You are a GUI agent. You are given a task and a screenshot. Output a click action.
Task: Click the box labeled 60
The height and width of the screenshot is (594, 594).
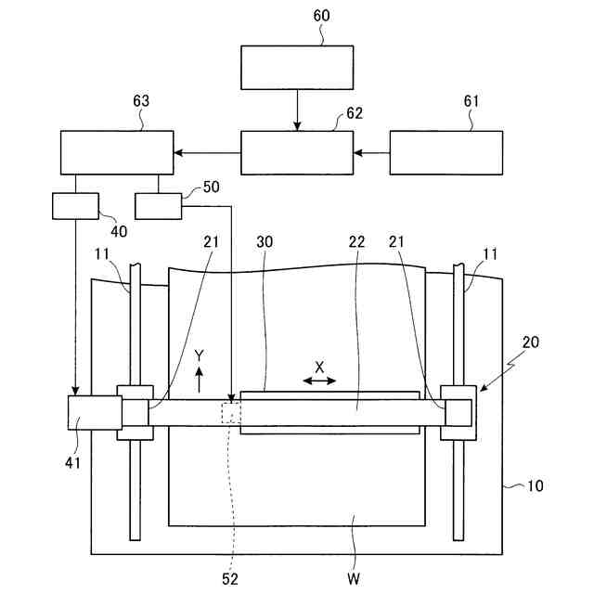click(297, 68)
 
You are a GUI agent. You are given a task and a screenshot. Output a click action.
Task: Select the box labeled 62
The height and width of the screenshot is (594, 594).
click(297, 152)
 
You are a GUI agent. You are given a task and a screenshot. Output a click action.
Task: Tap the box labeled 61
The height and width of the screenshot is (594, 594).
click(445, 152)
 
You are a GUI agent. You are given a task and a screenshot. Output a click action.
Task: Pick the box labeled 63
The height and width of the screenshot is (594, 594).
click(117, 152)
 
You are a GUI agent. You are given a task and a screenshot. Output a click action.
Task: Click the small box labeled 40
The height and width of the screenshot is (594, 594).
click(76, 205)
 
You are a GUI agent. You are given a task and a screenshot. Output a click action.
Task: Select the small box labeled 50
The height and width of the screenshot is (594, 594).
click(158, 205)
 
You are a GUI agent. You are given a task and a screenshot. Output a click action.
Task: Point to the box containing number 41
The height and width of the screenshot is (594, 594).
click(95, 412)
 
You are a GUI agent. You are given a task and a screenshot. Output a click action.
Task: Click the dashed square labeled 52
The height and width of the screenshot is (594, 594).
click(230, 413)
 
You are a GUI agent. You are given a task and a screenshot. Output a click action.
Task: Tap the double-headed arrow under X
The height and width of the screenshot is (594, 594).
click(319, 381)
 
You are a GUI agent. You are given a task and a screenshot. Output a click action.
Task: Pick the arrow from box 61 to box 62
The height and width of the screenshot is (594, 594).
click(371, 152)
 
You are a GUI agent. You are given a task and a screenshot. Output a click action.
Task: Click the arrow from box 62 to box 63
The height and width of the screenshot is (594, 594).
click(207, 152)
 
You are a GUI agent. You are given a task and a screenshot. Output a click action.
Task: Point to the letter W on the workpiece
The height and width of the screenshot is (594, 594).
click(353, 579)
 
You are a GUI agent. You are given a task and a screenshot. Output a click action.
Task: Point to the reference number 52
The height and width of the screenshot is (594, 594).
click(229, 579)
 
